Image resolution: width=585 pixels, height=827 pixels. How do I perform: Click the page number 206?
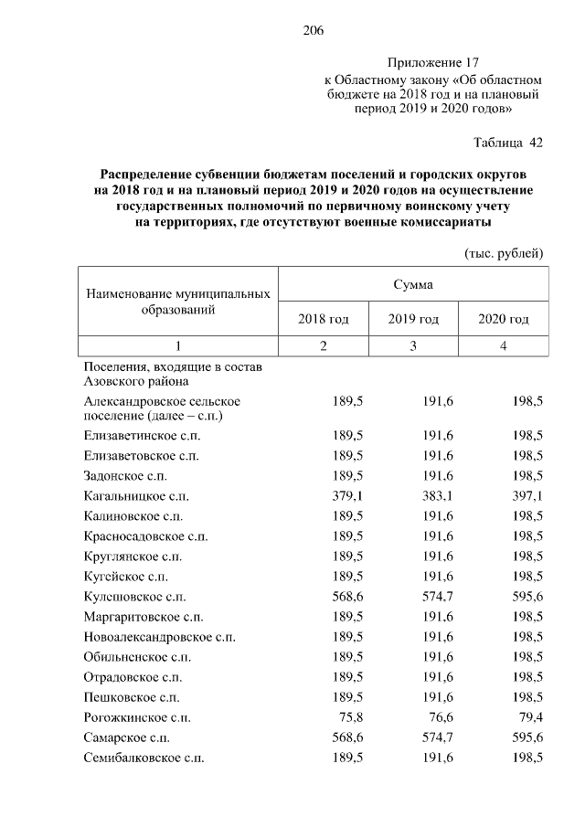pyautogui.click(x=314, y=31)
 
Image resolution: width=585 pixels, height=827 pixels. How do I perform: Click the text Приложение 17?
pyautogui.click(x=433, y=63)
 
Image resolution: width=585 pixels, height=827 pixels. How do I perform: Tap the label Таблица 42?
pyautogui.click(x=508, y=143)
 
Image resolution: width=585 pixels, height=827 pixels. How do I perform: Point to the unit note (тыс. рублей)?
pyautogui.click(x=504, y=252)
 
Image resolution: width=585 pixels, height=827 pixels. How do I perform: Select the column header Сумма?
pyautogui.click(x=414, y=284)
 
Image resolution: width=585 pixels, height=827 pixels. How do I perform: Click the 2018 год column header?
pyautogui.click(x=324, y=319)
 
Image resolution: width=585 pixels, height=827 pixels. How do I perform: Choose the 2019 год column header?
pyautogui.click(x=413, y=319)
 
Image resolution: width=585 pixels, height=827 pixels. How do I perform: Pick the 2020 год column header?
pyautogui.click(x=504, y=319)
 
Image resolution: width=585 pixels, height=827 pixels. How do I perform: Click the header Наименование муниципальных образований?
pyautogui.click(x=178, y=302)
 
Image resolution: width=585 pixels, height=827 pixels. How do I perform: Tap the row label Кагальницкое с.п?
pyautogui.click(x=136, y=496)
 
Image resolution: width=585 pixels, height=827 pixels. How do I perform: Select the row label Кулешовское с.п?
pyautogui.click(x=134, y=596)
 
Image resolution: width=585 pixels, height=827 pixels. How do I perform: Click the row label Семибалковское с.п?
pyautogui.click(x=144, y=758)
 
